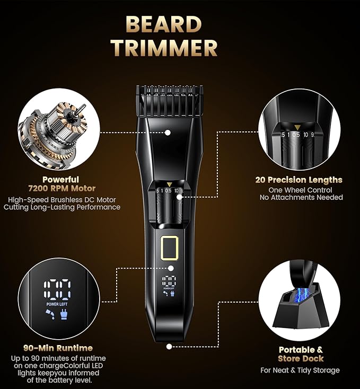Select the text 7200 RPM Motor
(x=62, y=189)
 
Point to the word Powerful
(x=62, y=180)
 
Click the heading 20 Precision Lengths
(x=298, y=180)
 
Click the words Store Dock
(x=301, y=359)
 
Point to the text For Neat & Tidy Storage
(x=301, y=370)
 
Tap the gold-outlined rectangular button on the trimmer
(x=169, y=249)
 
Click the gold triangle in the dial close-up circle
(x=299, y=127)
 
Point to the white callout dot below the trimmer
(x=169, y=347)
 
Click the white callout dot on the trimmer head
(x=168, y=132)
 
